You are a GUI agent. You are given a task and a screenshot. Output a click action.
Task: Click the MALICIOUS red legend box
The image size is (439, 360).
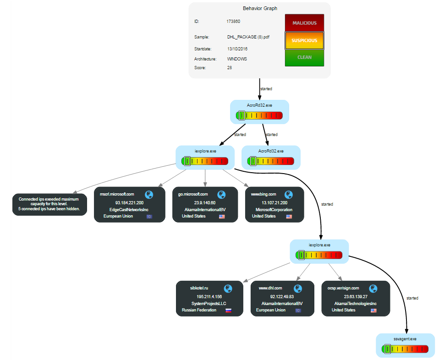[x=304, y=23]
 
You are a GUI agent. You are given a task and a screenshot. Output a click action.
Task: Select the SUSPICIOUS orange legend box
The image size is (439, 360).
[x=304, y=40]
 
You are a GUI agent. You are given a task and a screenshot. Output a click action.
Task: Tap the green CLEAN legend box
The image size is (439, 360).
[x=304, y=57]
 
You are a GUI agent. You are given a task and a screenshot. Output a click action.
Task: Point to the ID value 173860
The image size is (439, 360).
[x=233, y=22]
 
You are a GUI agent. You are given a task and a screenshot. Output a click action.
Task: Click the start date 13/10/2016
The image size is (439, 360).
[x=237, y=49]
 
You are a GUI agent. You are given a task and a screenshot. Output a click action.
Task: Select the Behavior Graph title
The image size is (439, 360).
[x=260, y=8]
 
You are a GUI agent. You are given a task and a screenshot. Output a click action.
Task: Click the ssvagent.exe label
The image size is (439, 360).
[x=405, y=339]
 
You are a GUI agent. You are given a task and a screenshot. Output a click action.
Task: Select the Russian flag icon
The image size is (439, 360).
[x=228, y=310]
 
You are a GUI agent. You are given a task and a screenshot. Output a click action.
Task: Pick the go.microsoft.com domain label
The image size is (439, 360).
[x=193, y=194]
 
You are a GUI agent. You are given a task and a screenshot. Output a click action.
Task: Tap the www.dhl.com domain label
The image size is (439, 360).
[x=270, y=288]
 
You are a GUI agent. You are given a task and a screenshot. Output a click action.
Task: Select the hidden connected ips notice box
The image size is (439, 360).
[x=49, y=204]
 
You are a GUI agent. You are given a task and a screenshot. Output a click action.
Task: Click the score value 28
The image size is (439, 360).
[x=230, y=68]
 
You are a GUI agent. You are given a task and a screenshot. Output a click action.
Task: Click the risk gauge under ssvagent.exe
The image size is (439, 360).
[x=405, y=349]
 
